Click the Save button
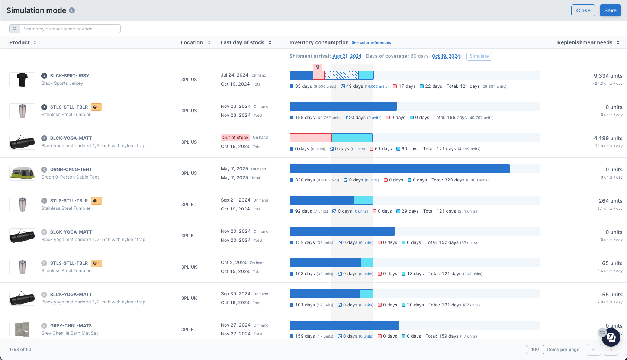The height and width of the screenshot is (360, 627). pos(610,10)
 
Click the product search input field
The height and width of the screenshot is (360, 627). pos(70,29)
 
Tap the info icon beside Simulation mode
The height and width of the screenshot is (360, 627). pos(72,10)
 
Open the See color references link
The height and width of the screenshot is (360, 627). pos(371,43)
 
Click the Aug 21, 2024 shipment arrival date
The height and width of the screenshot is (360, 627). pos(347,56)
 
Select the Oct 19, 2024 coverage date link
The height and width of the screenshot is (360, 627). pos(446,56)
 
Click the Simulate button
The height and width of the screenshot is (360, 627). pos(479,56)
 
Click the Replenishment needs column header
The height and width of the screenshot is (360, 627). pos(585,42)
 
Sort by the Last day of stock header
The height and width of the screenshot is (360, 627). pos(242,42)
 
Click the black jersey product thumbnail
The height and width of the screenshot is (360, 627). pos(22,80)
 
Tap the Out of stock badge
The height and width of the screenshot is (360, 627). pos(235,138)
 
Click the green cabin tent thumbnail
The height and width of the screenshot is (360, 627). pos(22,173)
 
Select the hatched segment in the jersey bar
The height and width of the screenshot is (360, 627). pos(341,75)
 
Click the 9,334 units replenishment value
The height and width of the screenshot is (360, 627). pos(608,76)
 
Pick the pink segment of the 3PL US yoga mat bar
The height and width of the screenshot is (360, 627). pos(311,138)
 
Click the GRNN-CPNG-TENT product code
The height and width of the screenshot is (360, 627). pos(71,170)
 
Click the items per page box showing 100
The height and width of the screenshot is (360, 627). pos(535,350)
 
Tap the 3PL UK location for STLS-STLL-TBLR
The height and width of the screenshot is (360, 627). pos(189,267)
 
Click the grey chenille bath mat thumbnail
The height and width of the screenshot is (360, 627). pos(22,330)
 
